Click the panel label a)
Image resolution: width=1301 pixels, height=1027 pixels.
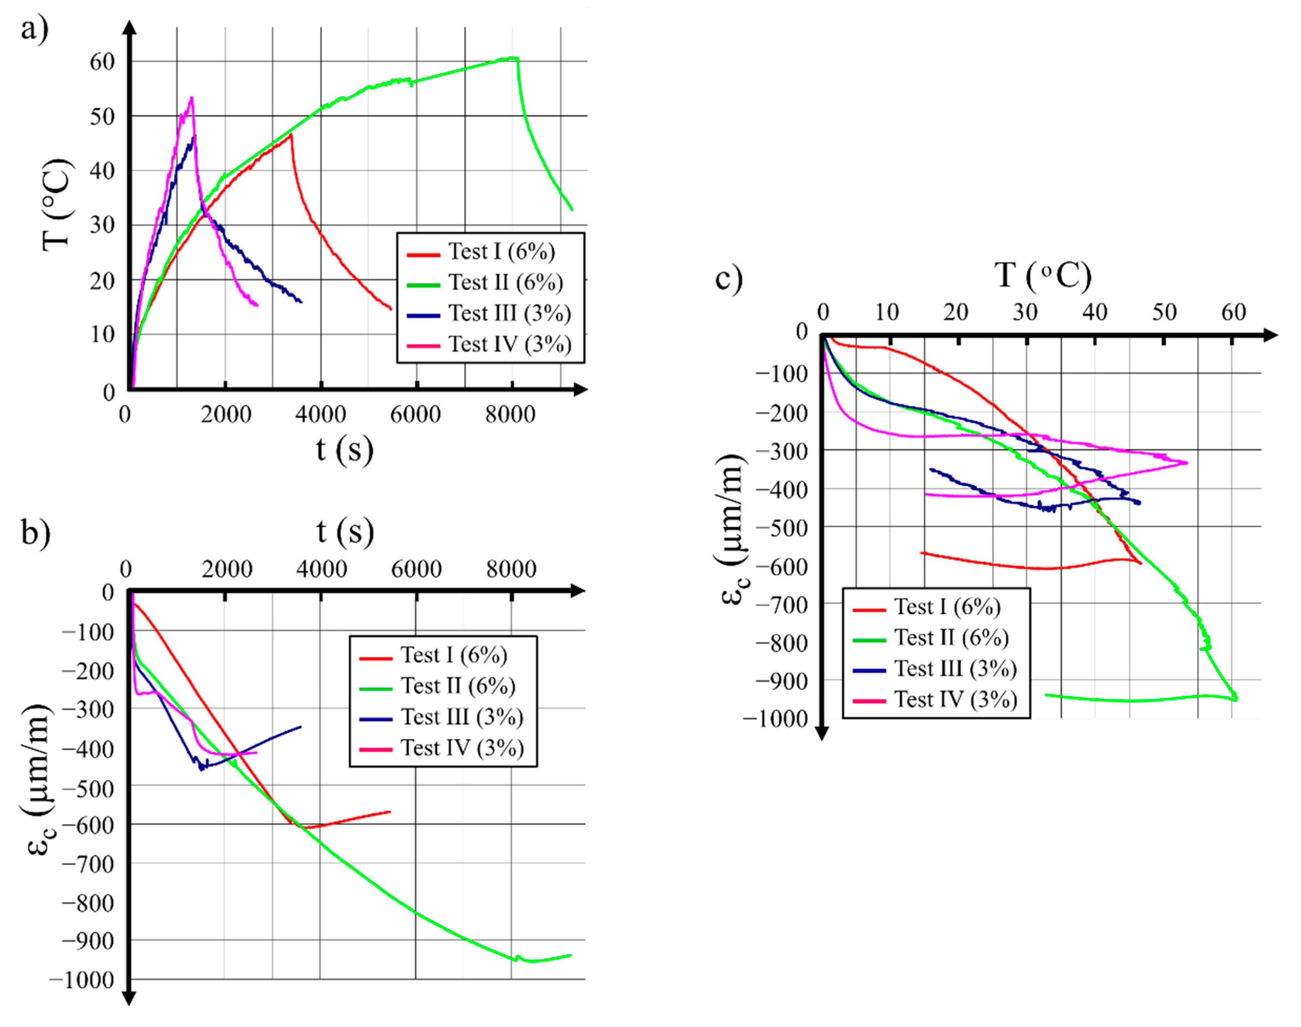coord(34,29)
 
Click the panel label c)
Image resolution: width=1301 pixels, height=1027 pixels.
coord(729,279)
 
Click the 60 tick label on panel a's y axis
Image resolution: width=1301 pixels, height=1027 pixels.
coord(102,61)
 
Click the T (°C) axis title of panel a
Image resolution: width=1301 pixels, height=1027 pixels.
coord(57,204)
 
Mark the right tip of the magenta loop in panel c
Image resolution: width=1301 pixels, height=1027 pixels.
coord(1187,462)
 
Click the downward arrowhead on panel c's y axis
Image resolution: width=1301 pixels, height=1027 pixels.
coord(822,734)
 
